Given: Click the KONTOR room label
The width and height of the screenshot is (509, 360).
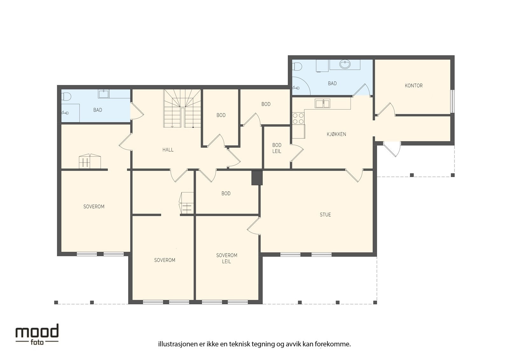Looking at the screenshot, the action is coord(414,86).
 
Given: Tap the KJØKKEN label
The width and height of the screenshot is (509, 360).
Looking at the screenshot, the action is coord(336,134).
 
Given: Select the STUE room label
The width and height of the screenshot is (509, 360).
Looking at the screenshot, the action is coord(325,215).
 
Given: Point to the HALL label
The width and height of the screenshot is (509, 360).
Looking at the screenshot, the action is coord(168,150).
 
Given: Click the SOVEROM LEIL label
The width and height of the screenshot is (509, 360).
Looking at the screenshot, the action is coord(227,258).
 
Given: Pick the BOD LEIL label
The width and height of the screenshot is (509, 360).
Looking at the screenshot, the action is coord(277,148).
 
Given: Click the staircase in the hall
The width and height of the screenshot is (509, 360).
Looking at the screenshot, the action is coord(182,108).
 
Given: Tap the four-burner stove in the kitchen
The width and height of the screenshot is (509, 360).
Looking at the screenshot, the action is coord(298,118).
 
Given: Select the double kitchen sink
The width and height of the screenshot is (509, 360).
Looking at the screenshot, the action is coord(323,103).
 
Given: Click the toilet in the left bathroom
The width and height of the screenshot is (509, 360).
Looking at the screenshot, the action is coord(66,97).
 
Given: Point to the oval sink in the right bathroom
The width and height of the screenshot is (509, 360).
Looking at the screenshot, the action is coord(345,64).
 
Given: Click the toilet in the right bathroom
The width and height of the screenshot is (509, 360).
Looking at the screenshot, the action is coord(297,67).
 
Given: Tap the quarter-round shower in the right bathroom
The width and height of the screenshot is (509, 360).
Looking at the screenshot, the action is coord(301,86).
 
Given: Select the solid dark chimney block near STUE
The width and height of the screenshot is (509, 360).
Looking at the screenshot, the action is coord(257,178).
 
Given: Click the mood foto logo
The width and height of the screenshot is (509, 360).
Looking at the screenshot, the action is coord(37,334).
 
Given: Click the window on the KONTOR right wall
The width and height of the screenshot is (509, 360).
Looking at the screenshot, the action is coord(452,101).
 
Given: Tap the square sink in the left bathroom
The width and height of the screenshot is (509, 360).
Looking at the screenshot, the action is coord(103,94).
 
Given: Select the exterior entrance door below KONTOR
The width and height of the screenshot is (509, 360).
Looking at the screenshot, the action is coord(392,149).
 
